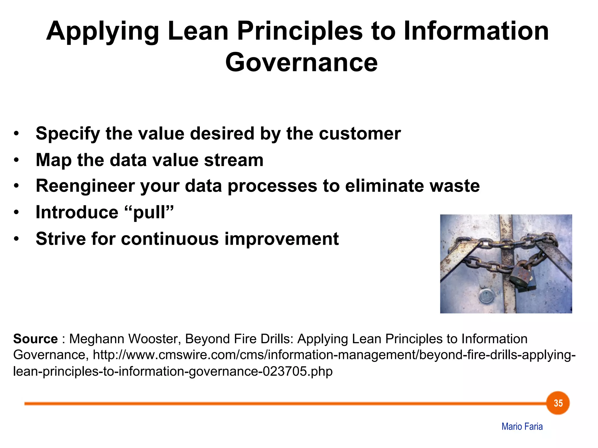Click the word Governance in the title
pyautogui.click(x=301, y=62)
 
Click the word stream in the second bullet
pyautogui.click(x=234, y=160)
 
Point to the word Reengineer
pyautogui.click(x=85, y=186)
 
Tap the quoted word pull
pyautogui.click(x=149, y=212)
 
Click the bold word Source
pyautogui.click(x=35, y=339)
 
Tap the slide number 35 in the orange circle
pyautogui.click(x=558, y=403)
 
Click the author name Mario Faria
pyautogui.click(x=522, y=426)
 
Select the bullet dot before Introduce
pyautogui.click(x=16, y=213)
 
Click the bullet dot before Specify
pyautogui.click(x=16, y=134)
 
